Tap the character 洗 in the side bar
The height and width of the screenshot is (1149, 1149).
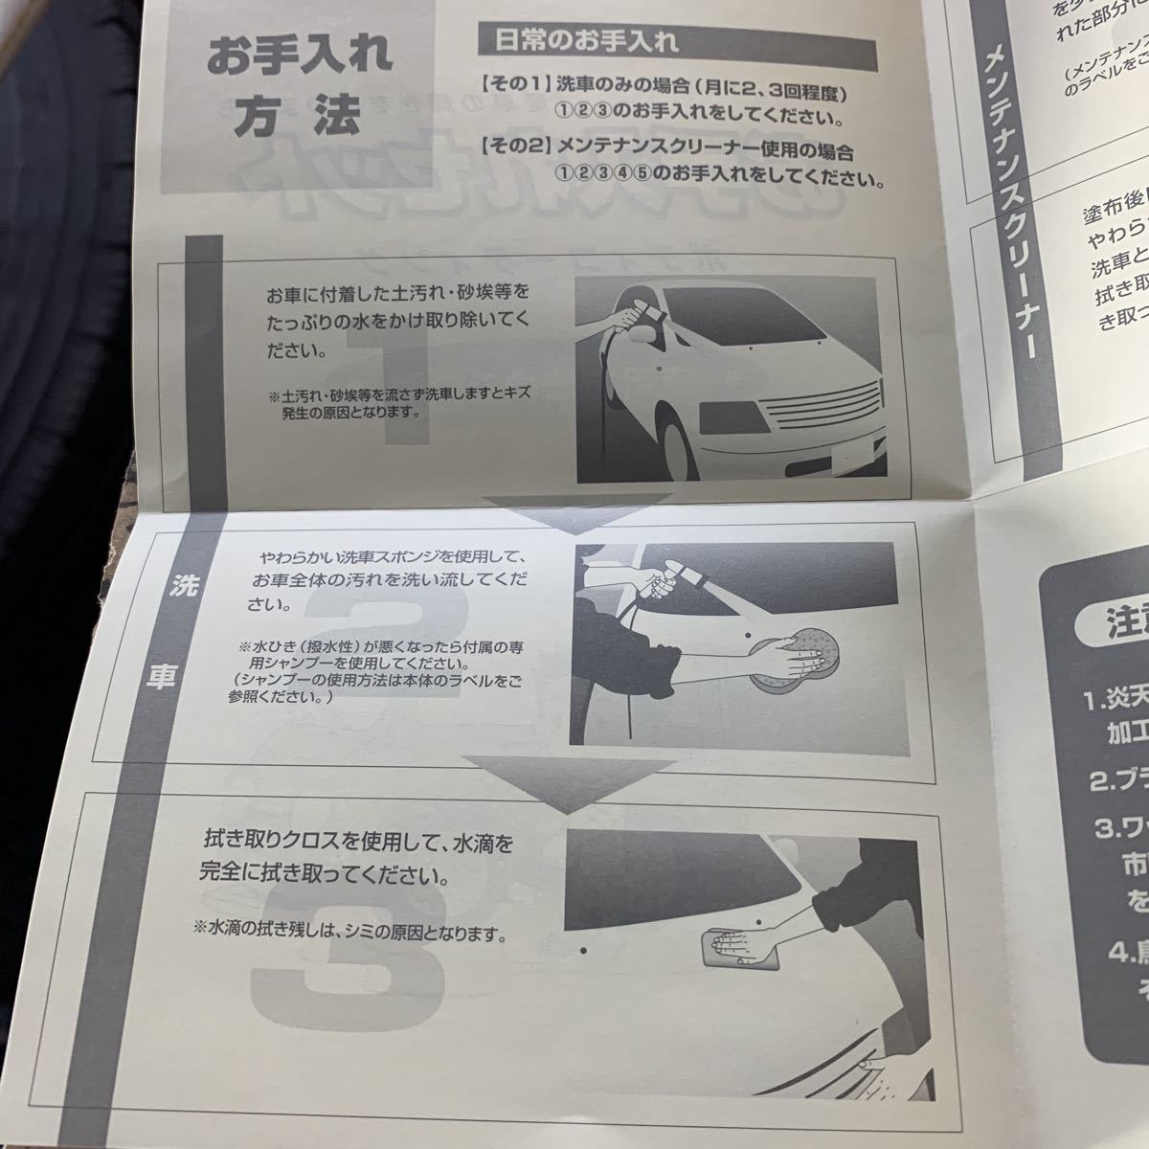tap(157, 588)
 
